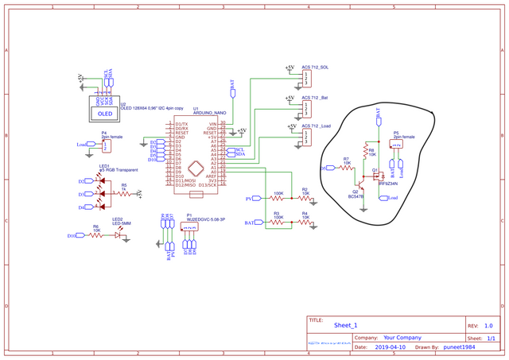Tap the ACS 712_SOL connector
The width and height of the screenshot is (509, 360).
(x=306, y=78)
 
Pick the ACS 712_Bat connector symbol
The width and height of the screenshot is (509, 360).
(x=306, y=108)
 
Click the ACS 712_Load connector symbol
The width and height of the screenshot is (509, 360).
(x=306, y=137)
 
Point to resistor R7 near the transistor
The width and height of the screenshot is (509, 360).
(x=347, y=168)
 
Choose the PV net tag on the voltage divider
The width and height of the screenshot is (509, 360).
(x=249, y=198)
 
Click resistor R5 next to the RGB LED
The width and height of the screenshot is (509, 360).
(x=123, y=192)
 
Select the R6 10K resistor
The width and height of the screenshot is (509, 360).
(x=96, y=235)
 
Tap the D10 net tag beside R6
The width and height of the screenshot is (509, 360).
(x=72, y=235)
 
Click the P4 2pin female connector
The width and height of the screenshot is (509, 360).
(x=96, y=145)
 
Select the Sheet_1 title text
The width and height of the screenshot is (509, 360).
(x=346, y=326)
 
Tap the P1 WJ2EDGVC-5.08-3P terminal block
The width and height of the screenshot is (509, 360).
(x=190, y=228)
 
